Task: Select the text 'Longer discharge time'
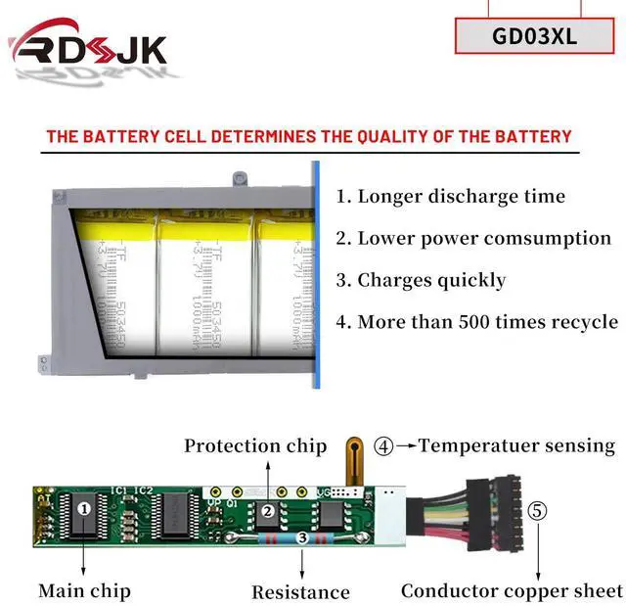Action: click(x=451, y=196)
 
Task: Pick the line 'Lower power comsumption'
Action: click(x=473, y=238)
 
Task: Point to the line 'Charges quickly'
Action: click(x=421, y=280)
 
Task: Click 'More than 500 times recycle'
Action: click(x=476, y=322)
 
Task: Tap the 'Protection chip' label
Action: click(x=255, y=446)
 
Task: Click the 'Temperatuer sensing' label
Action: click(x=517, y=446)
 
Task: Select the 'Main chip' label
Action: click(x=84, y=590)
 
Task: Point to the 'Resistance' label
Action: click(x=300, y=591)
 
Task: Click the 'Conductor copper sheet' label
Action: click(x=512, y=590)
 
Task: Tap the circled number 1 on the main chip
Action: click(x=84, y=508)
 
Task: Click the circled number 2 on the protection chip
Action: click(x=266, y=510)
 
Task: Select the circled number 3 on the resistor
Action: click(x=302, y=537)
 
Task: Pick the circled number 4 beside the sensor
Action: click(x=384, y=446)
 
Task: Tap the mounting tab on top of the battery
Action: click(x=239, y=180)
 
